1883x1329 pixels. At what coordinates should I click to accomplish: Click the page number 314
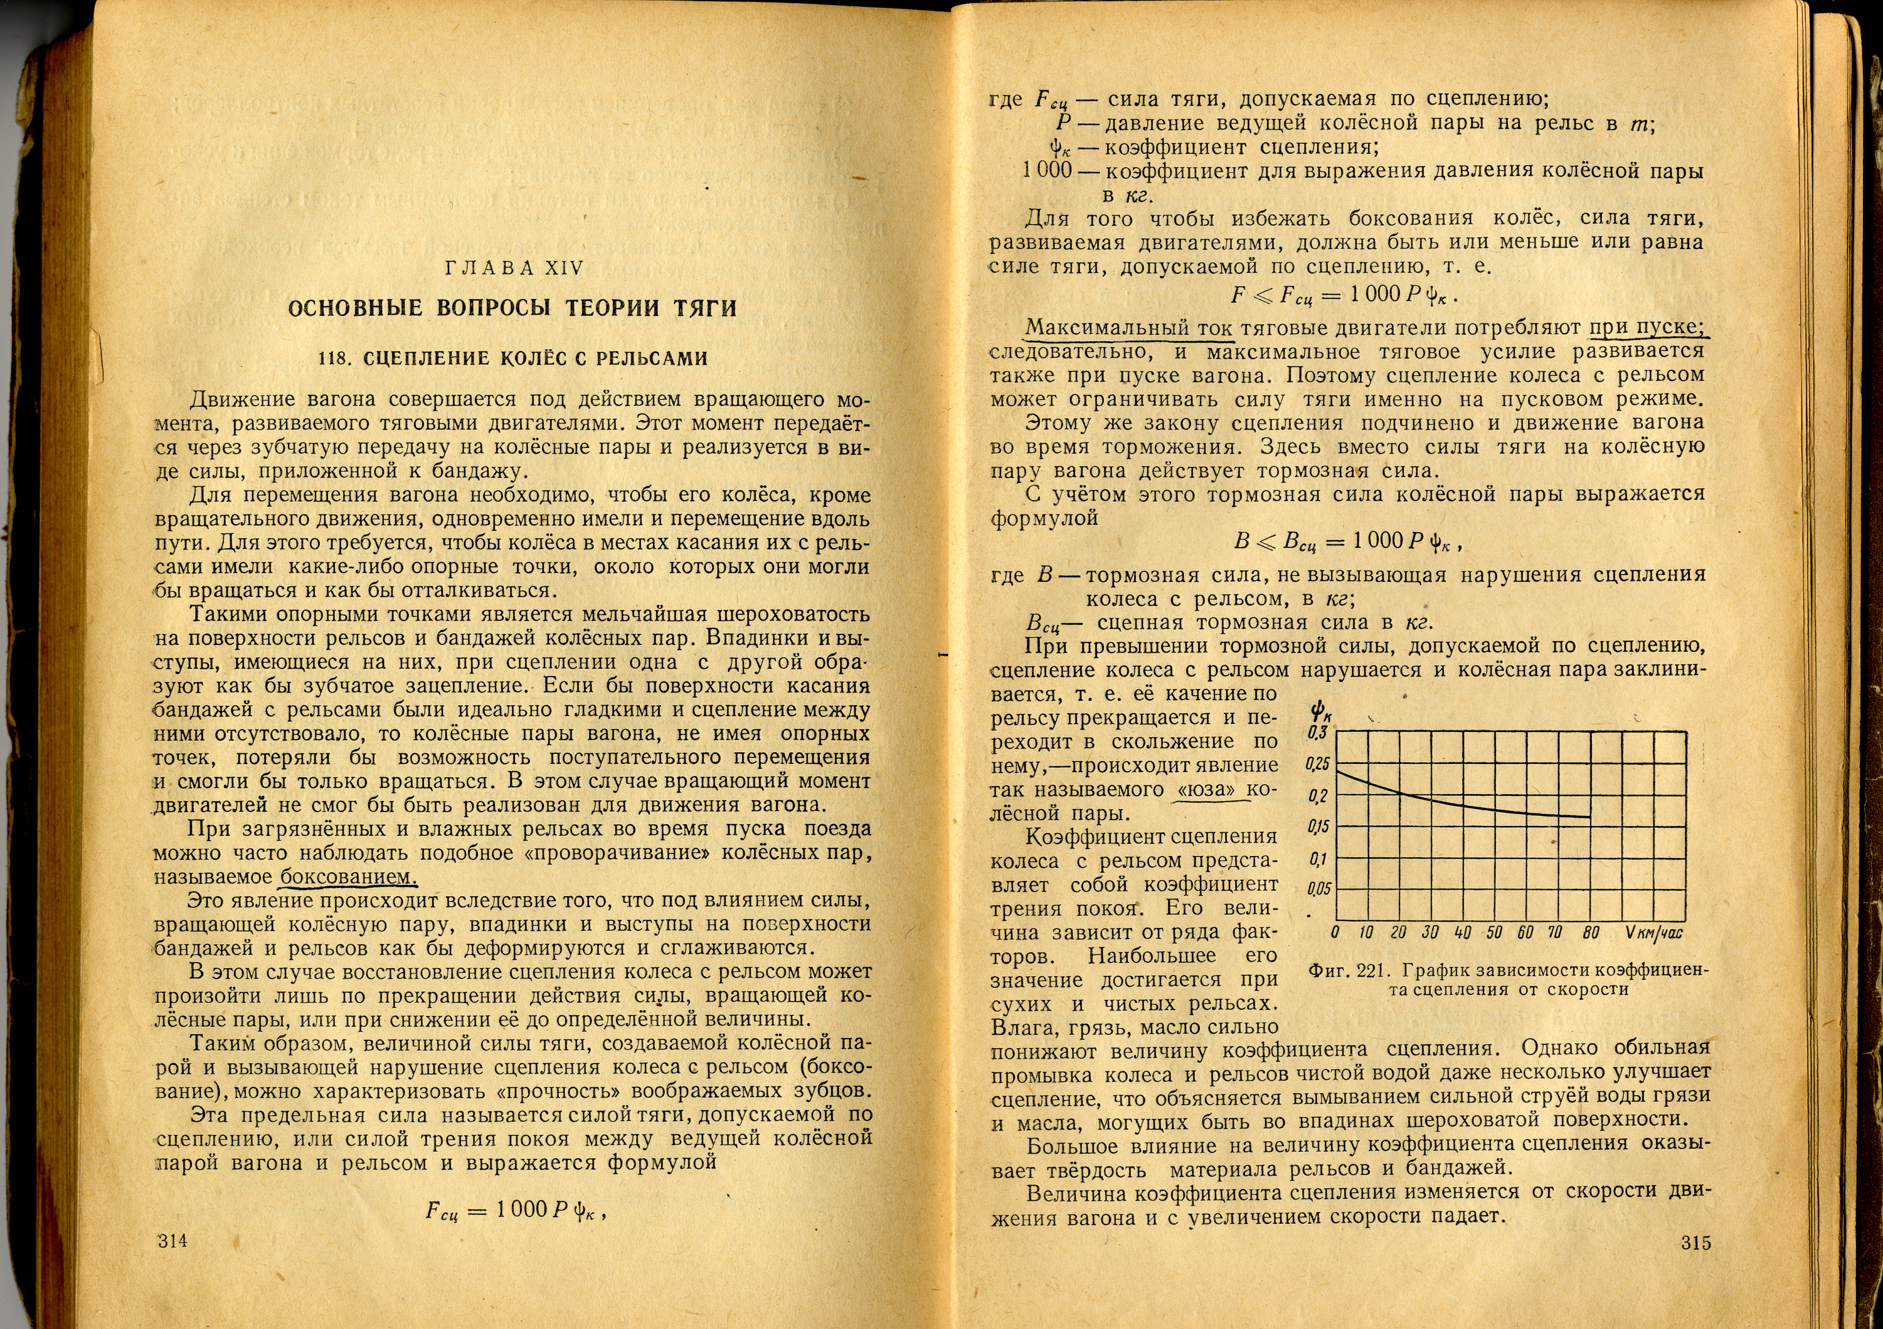[x=172, y=1241]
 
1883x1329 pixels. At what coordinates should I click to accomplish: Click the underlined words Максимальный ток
[x=1128, y=328]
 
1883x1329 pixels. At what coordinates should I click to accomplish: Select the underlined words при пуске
[x=1647, y=327]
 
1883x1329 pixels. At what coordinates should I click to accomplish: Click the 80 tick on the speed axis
[x=1590, y=932]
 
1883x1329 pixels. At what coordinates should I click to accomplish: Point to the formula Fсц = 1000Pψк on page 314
[x=515, y=1210]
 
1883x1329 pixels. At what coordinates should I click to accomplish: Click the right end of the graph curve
[x=1590, y=816]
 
